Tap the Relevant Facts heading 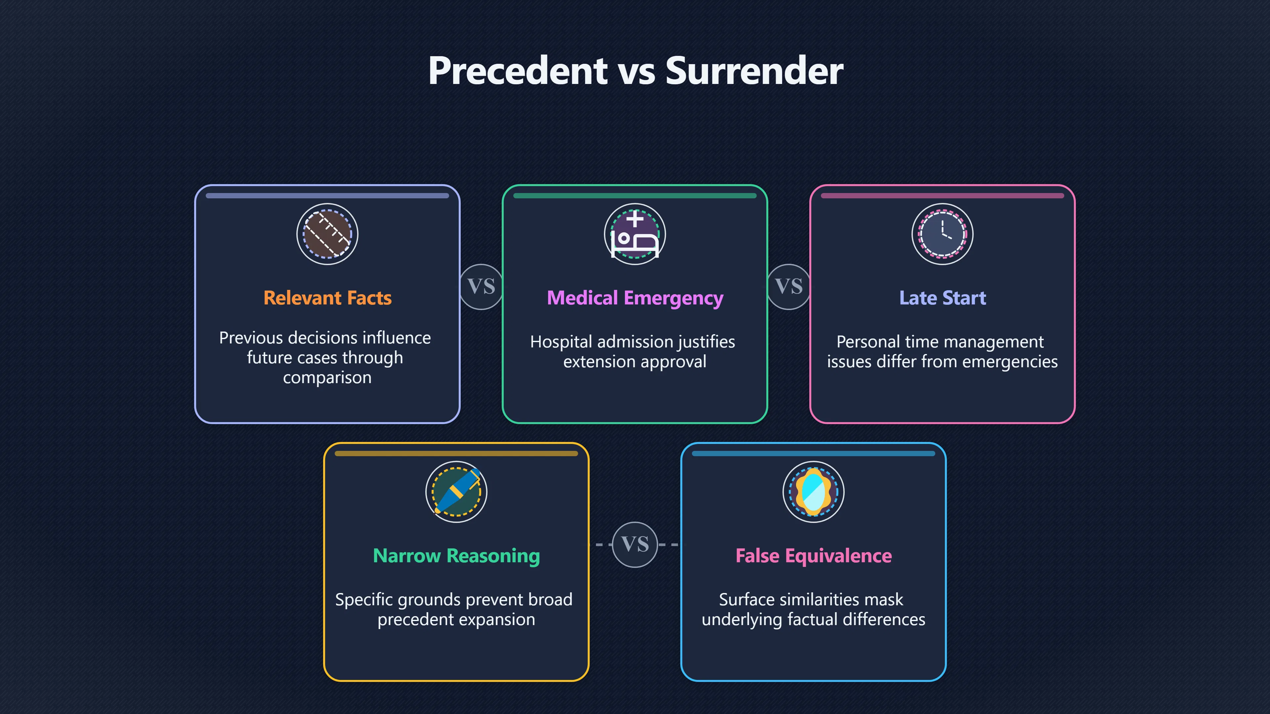pos(327,298)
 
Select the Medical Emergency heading pos(635,298)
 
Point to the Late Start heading pos(943,298)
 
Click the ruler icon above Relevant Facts pos(327,234)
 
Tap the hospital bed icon pos(635,234)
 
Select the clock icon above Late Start pos(943,234)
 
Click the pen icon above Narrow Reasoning pos(456,492)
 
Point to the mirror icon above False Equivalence pos(814,492)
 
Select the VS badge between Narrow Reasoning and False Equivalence pos(635,544)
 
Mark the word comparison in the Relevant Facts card pos(327,378)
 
